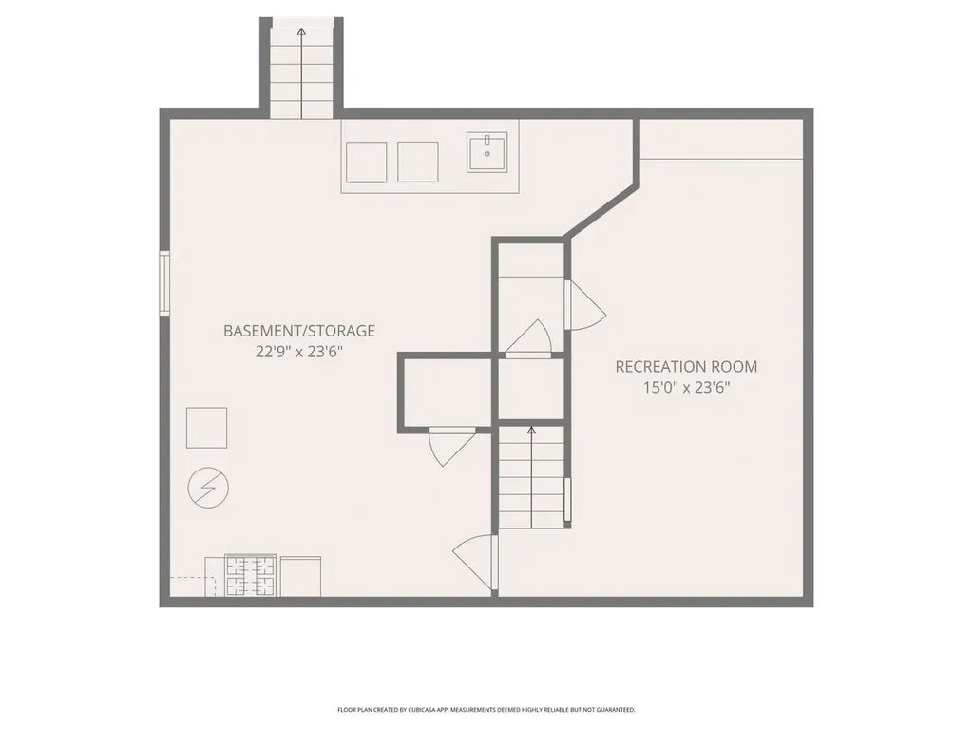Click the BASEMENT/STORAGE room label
click(x=299, y=331)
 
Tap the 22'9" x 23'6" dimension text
click(x=299, y=352)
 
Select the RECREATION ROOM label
click(x=686, y=366)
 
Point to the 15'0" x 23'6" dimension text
click(x=686, y=387)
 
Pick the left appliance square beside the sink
click(x=366, y=162)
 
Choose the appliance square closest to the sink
click(x=417, y=162)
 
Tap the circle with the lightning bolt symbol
click(x=207, y=488)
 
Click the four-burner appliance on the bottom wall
click(x=250, y=576)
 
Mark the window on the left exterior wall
click(x=164, y=281)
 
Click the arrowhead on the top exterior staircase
click(x=301, y=32)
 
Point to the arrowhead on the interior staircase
click(x=531, y=432)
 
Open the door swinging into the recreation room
click(x=583, y=306)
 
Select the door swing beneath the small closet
click(x=451, y=447)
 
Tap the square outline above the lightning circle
click(x=206, y=427)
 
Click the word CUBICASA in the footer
click(x=423, y=710)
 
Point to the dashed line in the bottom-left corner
click(x=188, y=578)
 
